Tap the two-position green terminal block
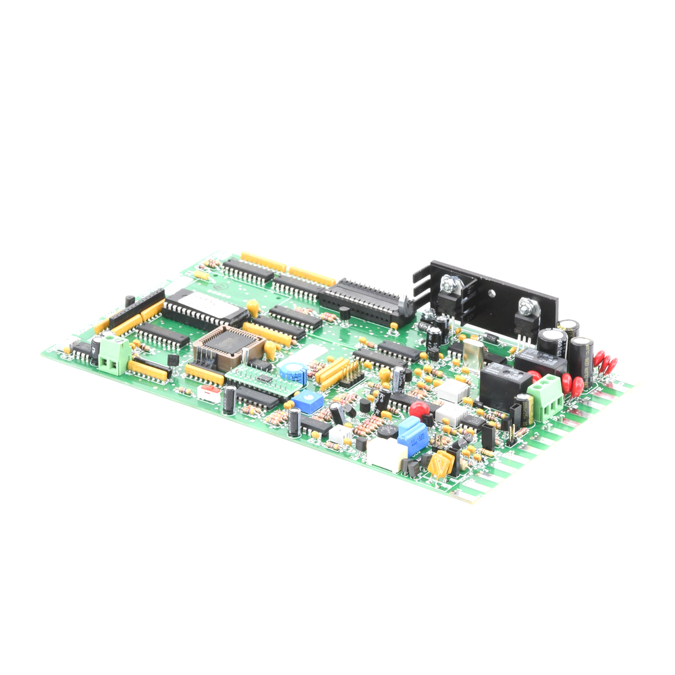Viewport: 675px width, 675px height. (x=111, y=356)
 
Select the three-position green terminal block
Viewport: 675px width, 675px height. (x=546, y=396)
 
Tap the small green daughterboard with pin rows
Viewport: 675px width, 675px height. (x=259, y=376)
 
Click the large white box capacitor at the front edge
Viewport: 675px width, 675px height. (x=386, y=454)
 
